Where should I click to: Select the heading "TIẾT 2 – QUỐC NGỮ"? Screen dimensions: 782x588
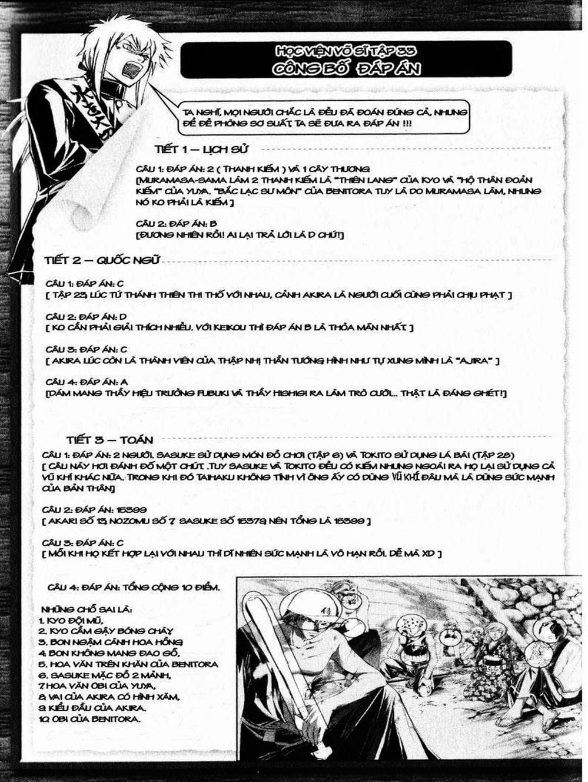(102, 260)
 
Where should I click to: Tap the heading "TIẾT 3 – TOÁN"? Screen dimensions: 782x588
(109, 440)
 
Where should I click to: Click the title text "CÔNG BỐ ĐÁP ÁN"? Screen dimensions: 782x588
(346, 68)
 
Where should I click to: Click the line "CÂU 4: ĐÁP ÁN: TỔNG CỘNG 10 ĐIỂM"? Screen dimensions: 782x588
(134, 587)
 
